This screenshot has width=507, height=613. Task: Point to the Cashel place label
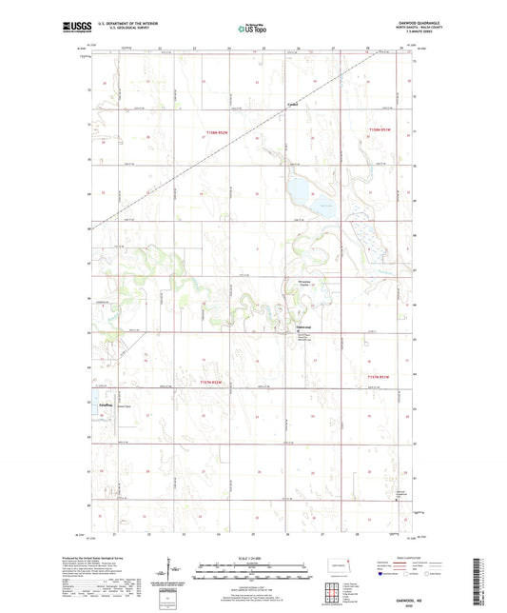(x=294, y=105)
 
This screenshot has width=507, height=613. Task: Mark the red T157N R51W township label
(x=380, y=382)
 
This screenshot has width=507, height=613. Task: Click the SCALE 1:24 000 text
(x=252, y=558)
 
